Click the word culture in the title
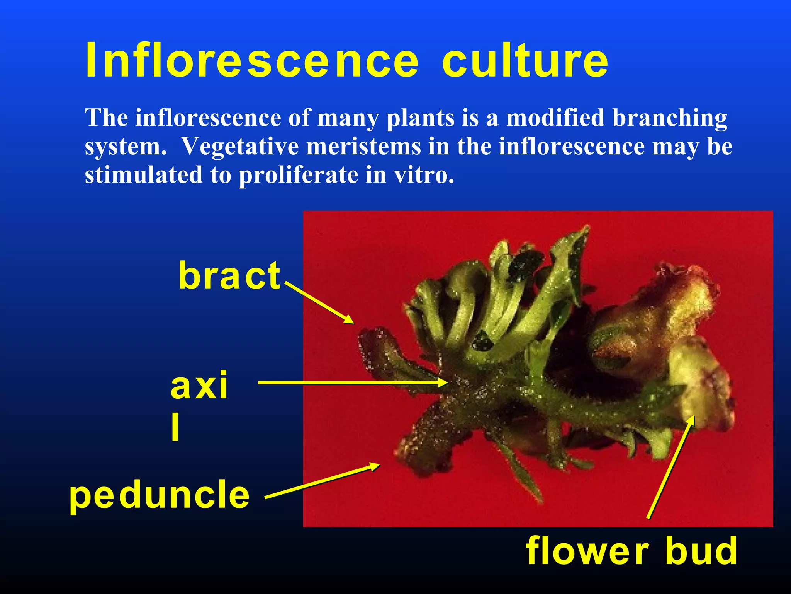point(525,61)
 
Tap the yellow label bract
point(229,275)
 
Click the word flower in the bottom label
point(587,551)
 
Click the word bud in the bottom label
point(701,551)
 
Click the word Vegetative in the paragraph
point(240,147)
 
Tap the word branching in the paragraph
point(670,118)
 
